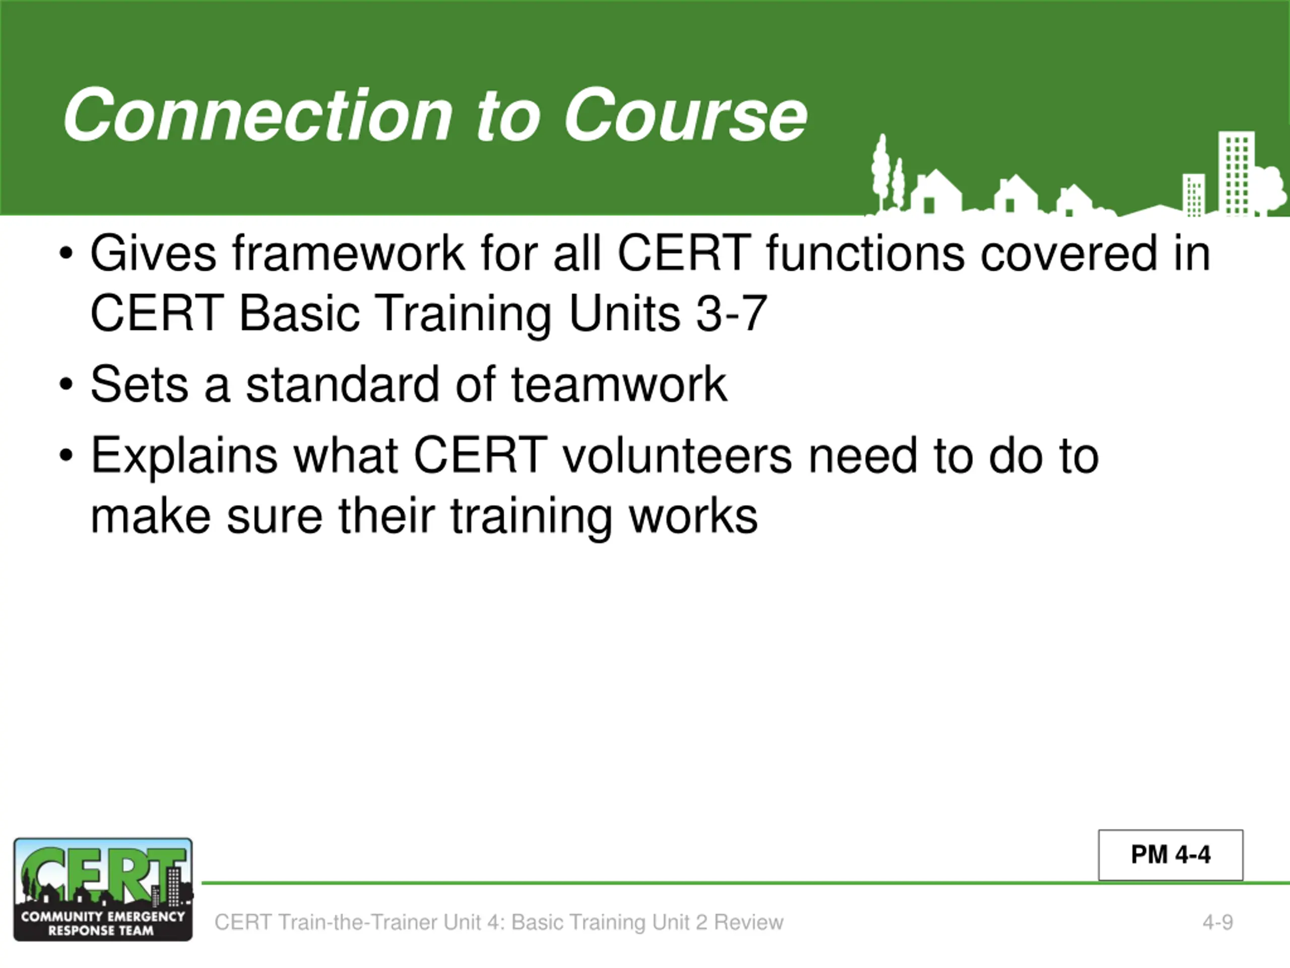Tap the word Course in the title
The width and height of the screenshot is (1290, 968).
[685, 115]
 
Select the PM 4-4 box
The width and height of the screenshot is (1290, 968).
[1171, 855]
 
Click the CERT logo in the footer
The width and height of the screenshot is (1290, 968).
[103, 890]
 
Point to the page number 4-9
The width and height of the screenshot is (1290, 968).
[1217, 923]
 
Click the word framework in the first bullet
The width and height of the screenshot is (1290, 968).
[348, 253]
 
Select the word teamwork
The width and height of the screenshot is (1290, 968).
[619, 385]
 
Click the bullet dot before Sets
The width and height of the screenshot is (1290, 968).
[66, 385]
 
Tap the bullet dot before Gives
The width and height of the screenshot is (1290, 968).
[66, 254]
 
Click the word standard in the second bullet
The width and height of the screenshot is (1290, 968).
[342, 385]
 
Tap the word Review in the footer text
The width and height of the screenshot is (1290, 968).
[749, 923]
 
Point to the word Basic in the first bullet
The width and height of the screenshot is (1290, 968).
[299, 313]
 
